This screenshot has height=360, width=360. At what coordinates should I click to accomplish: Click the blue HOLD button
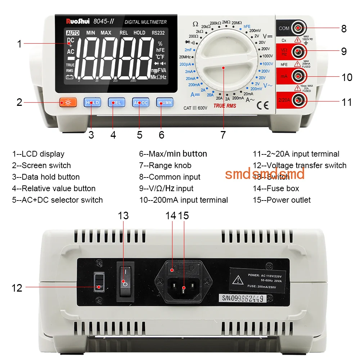[92, 103]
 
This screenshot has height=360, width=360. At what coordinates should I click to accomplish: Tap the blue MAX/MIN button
[164, 103]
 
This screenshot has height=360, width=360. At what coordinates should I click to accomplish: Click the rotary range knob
[223, 67]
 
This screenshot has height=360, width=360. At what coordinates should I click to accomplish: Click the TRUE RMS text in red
[225, 105]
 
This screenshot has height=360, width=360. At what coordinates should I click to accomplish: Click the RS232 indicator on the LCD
[158, 33]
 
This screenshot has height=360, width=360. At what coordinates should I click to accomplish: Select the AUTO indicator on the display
[72, 33]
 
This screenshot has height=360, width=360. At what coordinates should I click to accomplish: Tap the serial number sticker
[243, 298]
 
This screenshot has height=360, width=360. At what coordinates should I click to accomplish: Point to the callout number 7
[223, 135]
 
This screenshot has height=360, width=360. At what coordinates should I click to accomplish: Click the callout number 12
[17, 288]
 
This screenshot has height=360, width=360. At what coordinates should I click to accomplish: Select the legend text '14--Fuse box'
[276, 188]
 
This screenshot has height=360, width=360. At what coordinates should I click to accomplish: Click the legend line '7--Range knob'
[165, 166]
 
